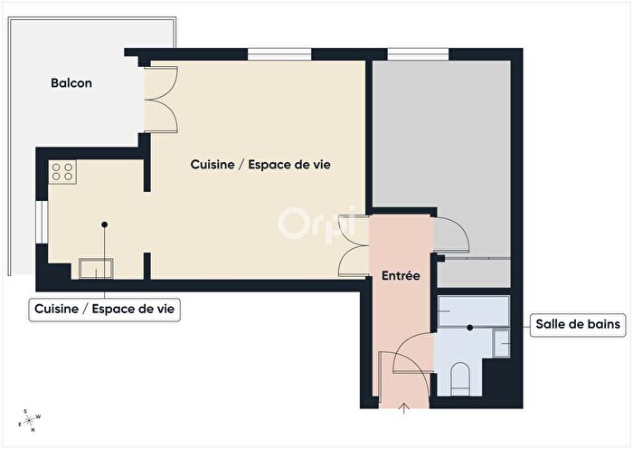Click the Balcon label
[71, 83]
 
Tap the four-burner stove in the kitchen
[62, 171]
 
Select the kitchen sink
[96, 268]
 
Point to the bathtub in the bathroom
[472, 310]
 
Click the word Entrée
[400, 275]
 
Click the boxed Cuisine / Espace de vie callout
[106, 310]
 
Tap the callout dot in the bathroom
[470, 328]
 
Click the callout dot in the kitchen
[105, 224]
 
